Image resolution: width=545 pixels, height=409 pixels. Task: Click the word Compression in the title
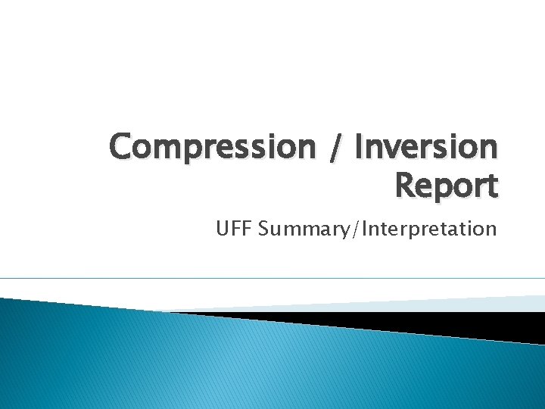tap(210, 147)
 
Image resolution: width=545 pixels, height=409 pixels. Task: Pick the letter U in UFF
tap(223, 228)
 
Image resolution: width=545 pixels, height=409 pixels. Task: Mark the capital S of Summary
tap(263, 228)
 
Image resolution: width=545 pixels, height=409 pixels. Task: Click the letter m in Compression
tap(171, 148)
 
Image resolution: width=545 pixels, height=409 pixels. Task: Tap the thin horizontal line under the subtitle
tap(272, 278)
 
